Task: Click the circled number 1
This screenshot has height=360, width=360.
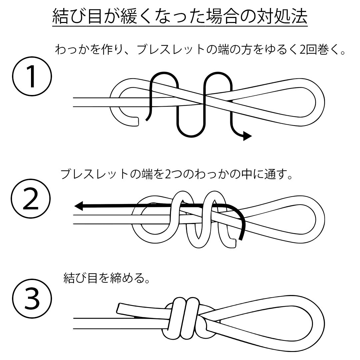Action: pyautogui.click(x=32, y=76)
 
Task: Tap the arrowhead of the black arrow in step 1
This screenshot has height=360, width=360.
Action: pyautogui.click(x=247, y=136)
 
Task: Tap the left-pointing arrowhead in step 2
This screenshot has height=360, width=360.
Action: pyautogui.click(x=79, y=206)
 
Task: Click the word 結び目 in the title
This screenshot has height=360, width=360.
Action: pyautogui.click(x=77, y=17)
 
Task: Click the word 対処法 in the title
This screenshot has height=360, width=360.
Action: pyautogui.click(x=282, y=17)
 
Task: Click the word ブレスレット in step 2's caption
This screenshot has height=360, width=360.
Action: pyautogui.click(x=94, y=174)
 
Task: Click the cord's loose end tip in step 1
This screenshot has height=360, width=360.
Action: pyautogui.click(x=138, y=122)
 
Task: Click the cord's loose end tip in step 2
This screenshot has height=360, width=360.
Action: pyautogui.click(x=234, y=243)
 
